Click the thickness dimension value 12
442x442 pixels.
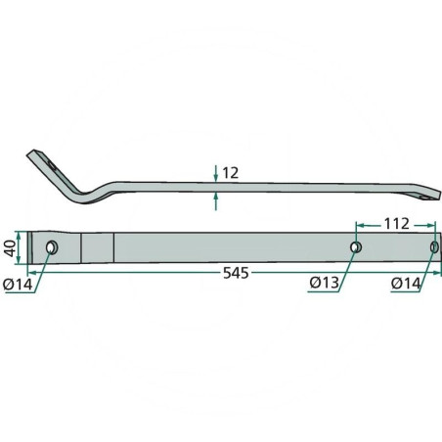[230, 173]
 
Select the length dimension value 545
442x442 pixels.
[236, 273]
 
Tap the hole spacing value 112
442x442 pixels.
[397, 224]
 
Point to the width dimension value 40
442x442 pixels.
[10, 248]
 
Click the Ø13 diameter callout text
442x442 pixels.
[325, 283]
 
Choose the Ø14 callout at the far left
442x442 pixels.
[18, 285]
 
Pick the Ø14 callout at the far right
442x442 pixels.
[406, 284]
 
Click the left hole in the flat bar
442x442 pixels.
[52, 247]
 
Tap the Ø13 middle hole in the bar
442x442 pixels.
[356, 247]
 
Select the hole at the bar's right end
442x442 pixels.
[434, 247]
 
